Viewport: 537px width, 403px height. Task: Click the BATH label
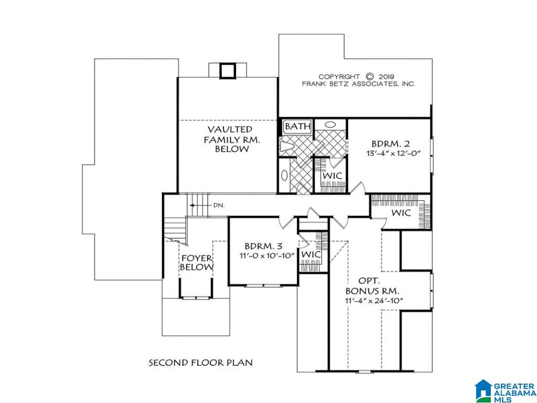298,126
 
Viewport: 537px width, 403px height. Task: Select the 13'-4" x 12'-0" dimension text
393,153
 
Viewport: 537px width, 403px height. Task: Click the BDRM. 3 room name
264,246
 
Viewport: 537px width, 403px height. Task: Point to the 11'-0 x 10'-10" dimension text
267,256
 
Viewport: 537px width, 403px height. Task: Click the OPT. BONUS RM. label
372,286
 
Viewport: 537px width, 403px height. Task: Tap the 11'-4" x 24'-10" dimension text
374,301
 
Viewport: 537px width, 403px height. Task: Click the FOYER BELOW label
197,262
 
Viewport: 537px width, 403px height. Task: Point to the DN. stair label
219,206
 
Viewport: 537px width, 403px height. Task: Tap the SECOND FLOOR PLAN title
200,362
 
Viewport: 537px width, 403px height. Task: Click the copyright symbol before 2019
369,77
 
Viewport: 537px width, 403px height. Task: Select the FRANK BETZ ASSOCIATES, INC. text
358,84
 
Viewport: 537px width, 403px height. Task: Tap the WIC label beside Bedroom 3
311,254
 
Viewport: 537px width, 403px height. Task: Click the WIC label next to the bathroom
332,176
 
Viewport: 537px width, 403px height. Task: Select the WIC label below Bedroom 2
401,213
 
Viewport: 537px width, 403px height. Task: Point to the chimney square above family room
227,71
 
